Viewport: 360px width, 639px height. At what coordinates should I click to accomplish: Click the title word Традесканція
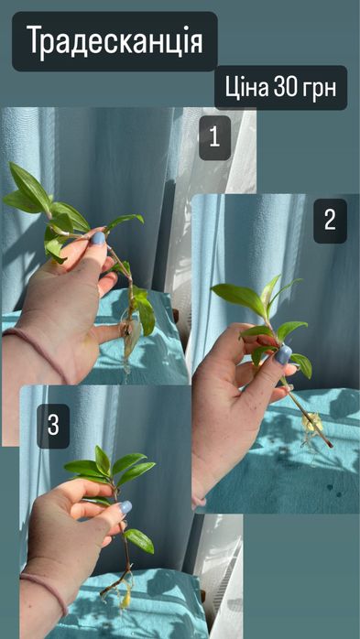click(115, 41)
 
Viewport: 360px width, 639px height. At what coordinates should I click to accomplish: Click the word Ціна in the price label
click(246, 88)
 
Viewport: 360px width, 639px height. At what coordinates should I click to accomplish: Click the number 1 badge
click(215, 137)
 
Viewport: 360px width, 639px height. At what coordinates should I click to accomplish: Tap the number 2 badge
click(330, 221)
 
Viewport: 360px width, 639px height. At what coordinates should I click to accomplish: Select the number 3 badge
click(53, 426)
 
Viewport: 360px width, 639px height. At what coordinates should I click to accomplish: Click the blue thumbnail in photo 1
click(98, 238)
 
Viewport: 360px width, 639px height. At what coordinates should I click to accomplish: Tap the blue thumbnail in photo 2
click(283, 354)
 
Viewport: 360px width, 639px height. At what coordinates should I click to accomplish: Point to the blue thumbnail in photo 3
click(125, 507)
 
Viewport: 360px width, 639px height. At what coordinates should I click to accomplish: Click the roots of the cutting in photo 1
click(130, 342)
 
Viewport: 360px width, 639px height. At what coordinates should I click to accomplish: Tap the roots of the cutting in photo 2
click(312, 428)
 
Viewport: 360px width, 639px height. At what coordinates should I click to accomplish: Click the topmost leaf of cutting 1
click(29, 184)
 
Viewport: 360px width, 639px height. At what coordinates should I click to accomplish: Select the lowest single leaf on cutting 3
click(139, 541)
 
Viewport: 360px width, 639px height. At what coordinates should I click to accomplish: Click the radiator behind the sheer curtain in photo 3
click(229, 570)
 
